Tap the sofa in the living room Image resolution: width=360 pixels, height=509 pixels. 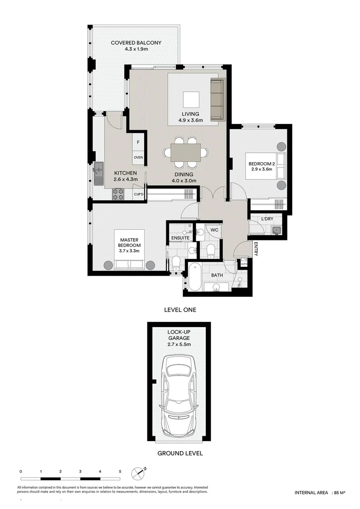pos(217,99)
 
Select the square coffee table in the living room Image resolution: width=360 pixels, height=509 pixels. pos(191,100)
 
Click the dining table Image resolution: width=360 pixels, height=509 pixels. pos(186,152)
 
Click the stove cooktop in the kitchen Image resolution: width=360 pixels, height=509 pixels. pos(118,194)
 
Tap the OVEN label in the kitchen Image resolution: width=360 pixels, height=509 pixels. pos(138,157)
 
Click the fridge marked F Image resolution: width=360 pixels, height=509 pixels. pos(138,142)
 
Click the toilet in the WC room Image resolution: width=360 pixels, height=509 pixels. pos(211,248)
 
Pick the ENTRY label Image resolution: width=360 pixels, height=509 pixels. pos(255,250)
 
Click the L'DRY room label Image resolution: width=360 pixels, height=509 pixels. pos(268,219)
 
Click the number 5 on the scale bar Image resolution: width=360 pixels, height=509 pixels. pos(120,471)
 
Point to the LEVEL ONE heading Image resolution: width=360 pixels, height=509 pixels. pos(180,310)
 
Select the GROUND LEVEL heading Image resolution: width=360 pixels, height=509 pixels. pos(180,453)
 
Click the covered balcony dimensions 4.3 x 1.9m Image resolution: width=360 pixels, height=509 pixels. pos(136,49)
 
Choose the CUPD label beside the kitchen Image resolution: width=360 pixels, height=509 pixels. pos(139,194)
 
